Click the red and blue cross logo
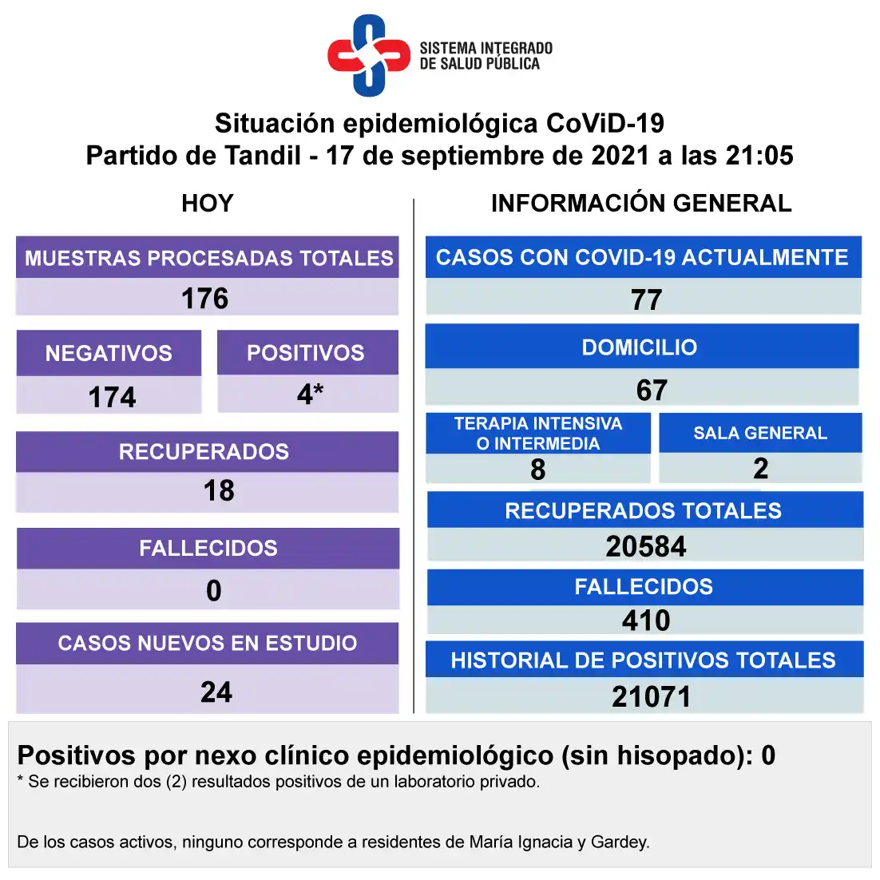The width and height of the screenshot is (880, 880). tap(369, 56)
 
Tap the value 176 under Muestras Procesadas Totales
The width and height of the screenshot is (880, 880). tap(205, 299)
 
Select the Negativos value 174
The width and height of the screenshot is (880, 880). tap(113, 398)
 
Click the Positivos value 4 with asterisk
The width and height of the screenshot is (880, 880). tap(311, 394)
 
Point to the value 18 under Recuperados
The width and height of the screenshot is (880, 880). tap(219, 490)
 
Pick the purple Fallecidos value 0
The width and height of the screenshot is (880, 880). tap(214, 590)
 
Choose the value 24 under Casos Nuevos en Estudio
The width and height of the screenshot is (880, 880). tap(216, 692)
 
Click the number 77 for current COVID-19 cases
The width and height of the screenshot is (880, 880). tap(647, 299)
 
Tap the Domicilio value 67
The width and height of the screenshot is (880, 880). tap(652, 390)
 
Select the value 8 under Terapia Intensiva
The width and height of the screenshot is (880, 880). tap(537, 470)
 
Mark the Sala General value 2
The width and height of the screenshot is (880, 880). tap(760, 469)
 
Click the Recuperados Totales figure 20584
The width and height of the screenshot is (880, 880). tap(646, 546)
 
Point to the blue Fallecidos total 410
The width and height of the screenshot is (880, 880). tap(646, 620)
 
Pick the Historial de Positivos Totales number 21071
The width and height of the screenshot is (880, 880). tap(651, 696)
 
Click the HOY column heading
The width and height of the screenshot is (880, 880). tap(207, 203)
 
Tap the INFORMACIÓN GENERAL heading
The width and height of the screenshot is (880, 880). tap(641, 203)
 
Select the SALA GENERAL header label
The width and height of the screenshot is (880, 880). tap(760, 433)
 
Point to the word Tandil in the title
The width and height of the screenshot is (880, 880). tap(263, 156)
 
